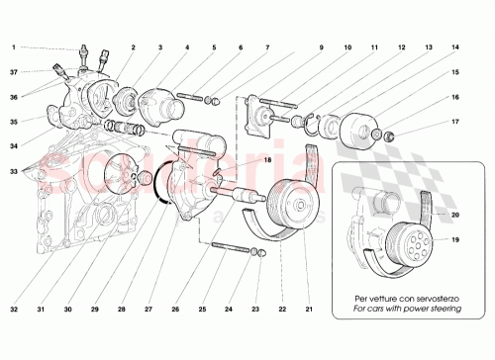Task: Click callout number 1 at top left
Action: [x=13, y=46]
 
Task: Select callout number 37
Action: [x=13, y=71]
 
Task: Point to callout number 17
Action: [x=456, y=122]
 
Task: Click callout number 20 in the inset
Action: [x=456, y=215]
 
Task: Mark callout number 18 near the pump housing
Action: [x=240, y=160]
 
